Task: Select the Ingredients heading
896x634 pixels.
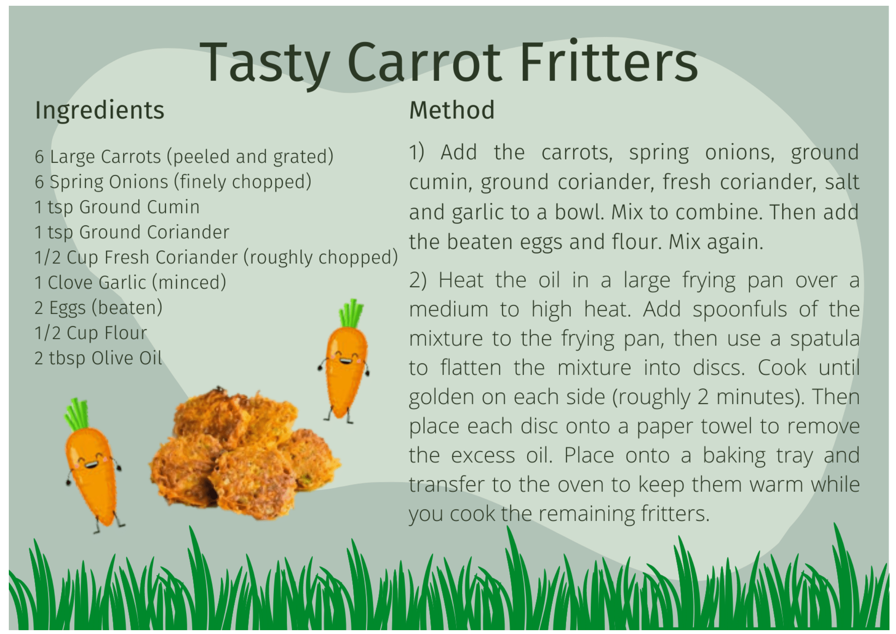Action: tap(100, 110)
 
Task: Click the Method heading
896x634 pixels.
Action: tap(452, 110)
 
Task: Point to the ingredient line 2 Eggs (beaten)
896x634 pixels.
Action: tap(98, 308)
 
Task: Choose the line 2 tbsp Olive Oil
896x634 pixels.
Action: tap(98, 358)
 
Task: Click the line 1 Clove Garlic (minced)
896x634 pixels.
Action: tap(130, 283)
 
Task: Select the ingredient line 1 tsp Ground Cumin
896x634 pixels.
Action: tap(117, 207)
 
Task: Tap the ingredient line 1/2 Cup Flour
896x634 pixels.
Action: tap(90, 333)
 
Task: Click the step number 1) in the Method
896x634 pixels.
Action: tap(416, 152)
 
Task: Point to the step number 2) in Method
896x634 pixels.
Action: tap(418, 280)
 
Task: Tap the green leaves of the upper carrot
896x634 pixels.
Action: tap(351, 313)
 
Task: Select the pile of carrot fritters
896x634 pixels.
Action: tap(244, 453)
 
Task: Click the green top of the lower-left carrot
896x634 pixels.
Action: tap(77, 414)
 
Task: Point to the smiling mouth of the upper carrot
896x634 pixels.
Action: tap(345, 360)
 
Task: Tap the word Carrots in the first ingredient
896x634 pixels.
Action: tap(131, 156)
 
